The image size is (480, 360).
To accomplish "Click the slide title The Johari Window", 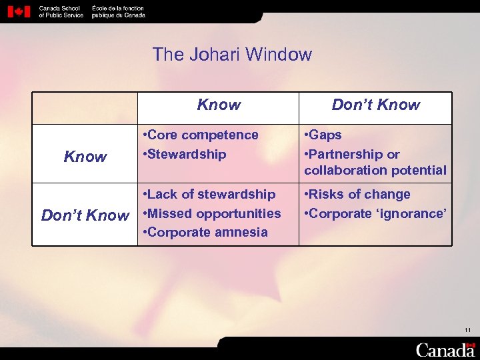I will [x=232, y=54].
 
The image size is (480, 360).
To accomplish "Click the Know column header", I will [x=219, y=105].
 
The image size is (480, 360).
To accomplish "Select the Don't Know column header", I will [x=375, y=105].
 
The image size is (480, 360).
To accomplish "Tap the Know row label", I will [x=85, y=157].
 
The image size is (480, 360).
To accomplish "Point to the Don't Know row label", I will [x=85, y=215].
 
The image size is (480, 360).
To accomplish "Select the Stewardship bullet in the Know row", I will [x=186, y=154].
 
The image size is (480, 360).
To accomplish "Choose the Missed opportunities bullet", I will [x=213, y=213].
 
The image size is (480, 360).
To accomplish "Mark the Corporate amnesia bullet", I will [x=206, y=232].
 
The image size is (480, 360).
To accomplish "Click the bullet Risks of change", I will [x=357, y=194].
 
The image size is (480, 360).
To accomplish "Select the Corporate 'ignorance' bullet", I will [x=374, y=213].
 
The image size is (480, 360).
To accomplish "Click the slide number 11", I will [x=467, y=330].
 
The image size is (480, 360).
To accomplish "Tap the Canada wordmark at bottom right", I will [x=445, y=349].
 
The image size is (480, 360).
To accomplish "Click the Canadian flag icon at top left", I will [x=19, y=11].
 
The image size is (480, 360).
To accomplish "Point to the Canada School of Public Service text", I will [x=61, y=11].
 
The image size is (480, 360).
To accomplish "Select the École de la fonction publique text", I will [x=117, y=11].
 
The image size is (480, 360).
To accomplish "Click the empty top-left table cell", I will [x=85, y=108].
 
